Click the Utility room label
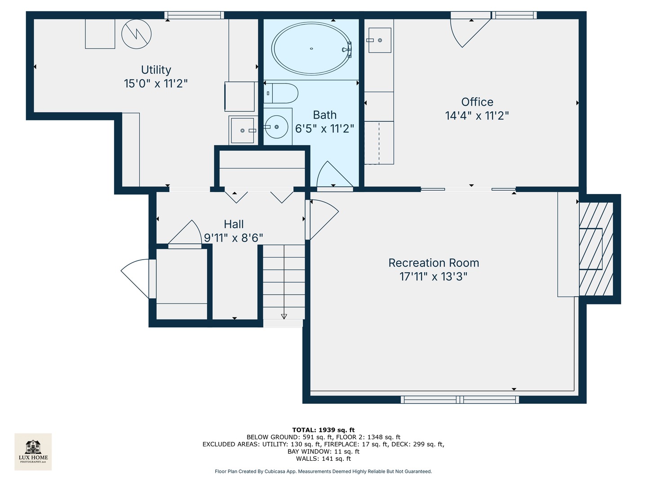[156, 70]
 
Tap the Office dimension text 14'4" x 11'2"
[477, 116]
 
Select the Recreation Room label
[434, 263]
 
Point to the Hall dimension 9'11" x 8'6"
[233, 238]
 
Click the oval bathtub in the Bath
[311, 48]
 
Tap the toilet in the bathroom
[282, 93]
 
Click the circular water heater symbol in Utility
[137, 34]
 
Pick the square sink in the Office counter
[379, 40]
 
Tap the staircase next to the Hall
[284, 282]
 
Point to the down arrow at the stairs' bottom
[284, 316]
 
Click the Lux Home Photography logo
[33, 451]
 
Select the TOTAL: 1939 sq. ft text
[323, 430]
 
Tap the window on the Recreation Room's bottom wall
[460, 399]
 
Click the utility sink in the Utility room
[243, 130]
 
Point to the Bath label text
[324, 115]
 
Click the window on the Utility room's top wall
[194, 15]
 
